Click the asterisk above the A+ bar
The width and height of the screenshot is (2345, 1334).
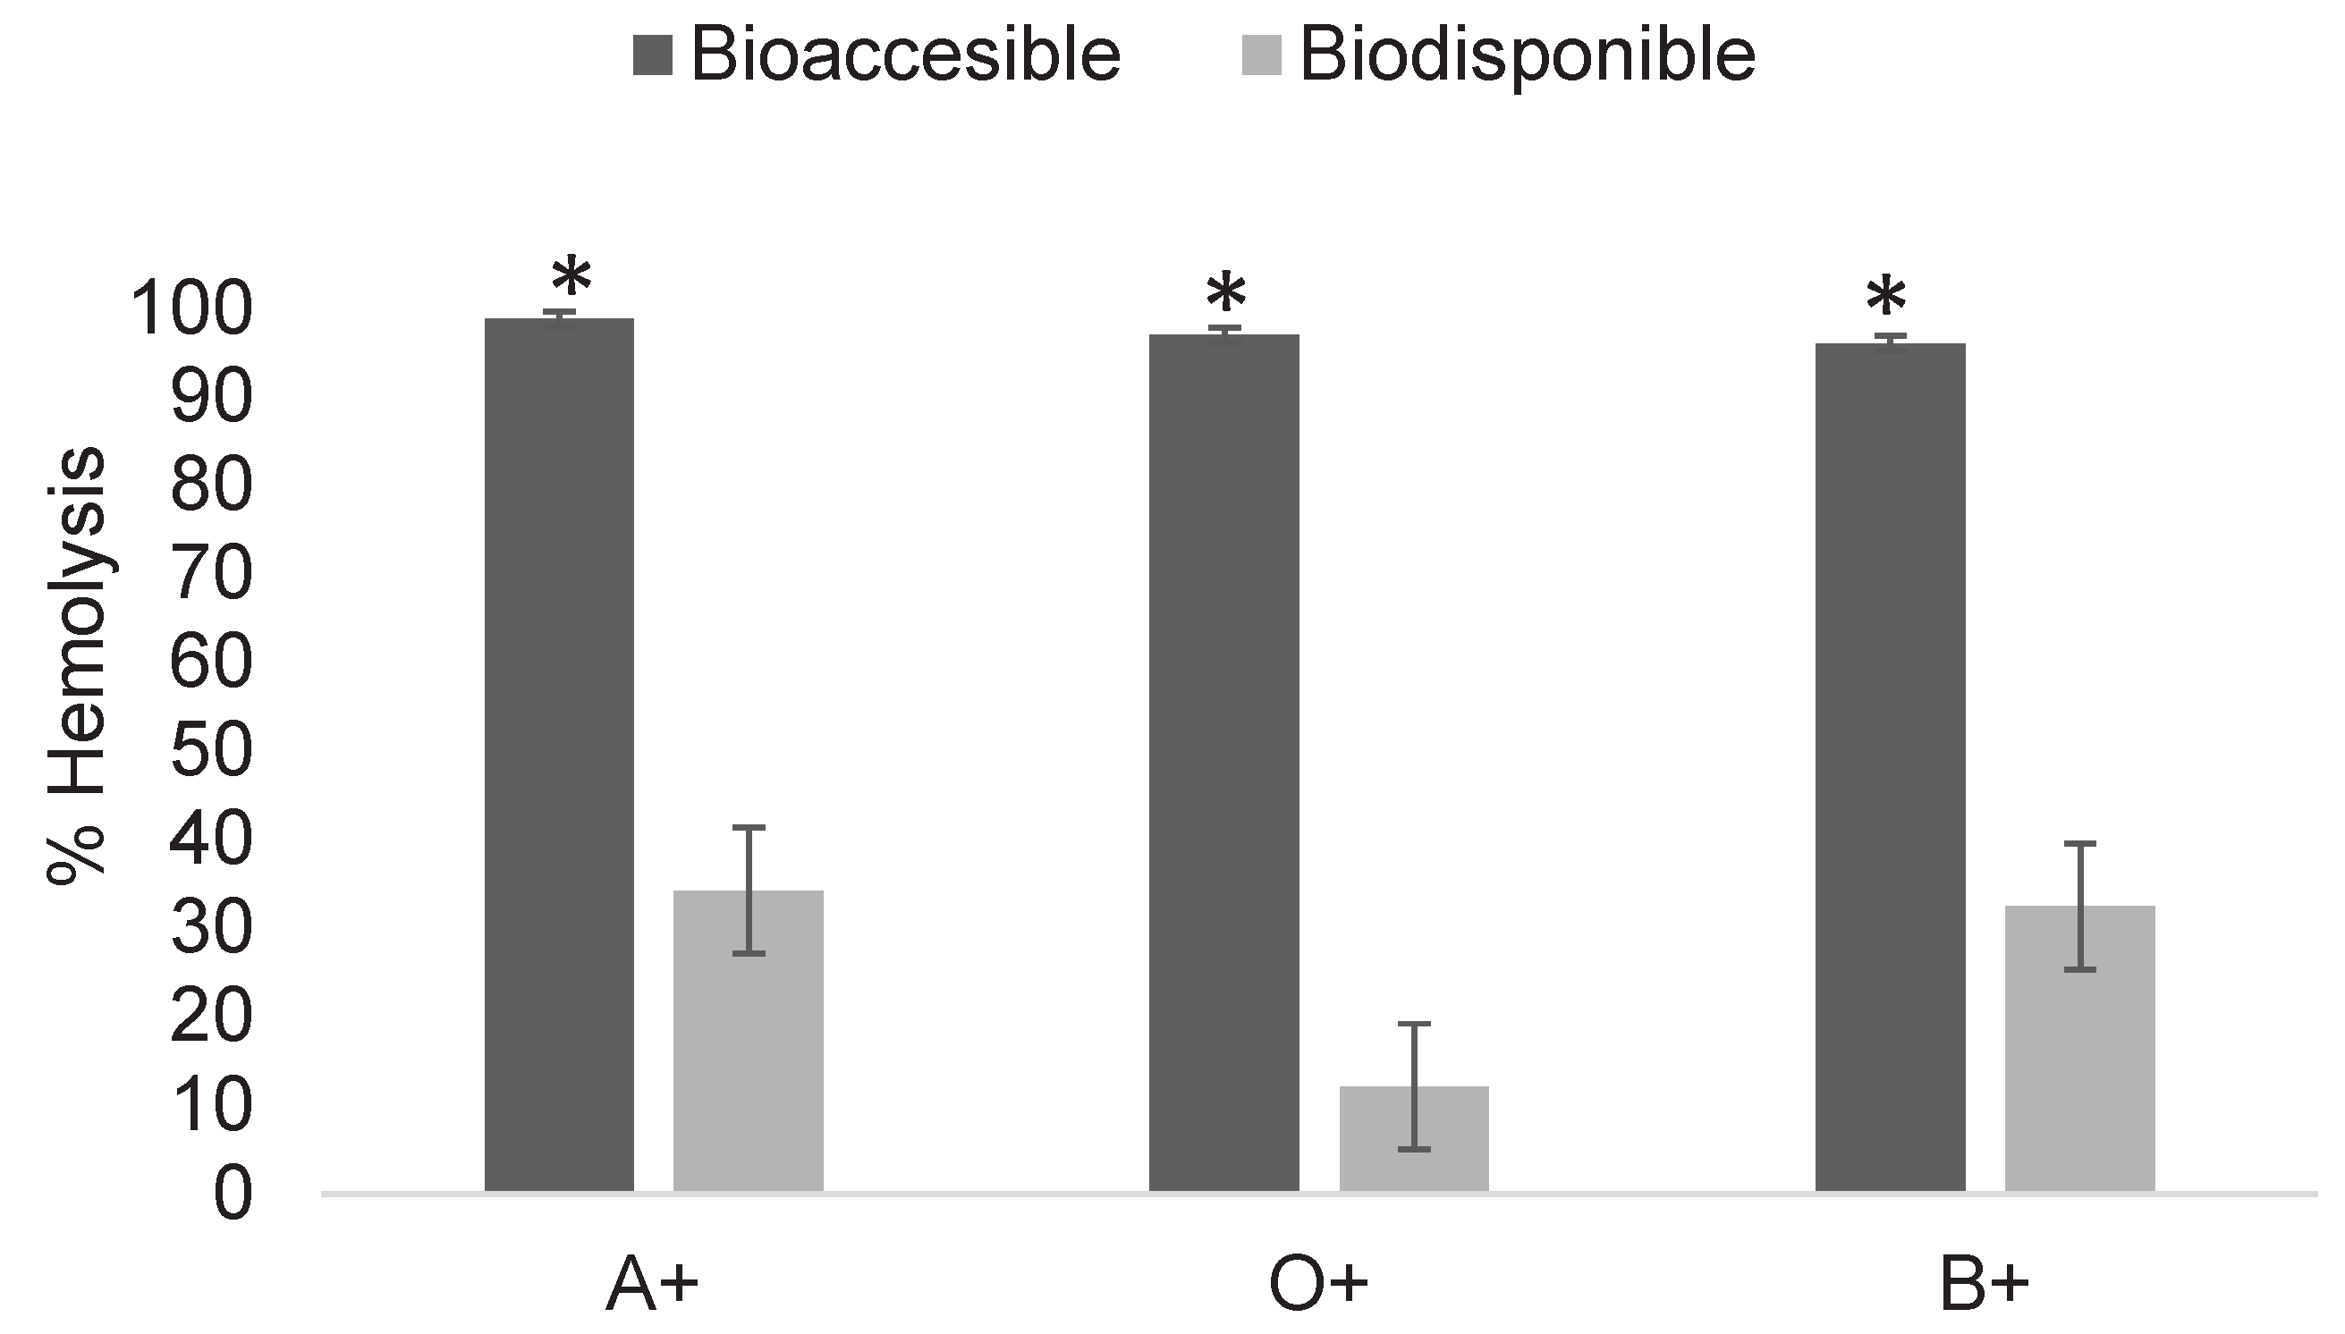click(571, 277)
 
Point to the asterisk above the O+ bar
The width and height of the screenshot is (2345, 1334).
click(1225, 294)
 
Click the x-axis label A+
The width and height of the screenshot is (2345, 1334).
click(652, 1287)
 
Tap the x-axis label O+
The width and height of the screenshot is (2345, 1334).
click(1317, 1287)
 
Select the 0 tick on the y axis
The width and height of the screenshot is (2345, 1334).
click(232, 1195)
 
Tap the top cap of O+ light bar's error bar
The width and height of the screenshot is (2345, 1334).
click(1413, 1024)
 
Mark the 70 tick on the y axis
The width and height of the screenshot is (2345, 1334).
click(211, 575)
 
